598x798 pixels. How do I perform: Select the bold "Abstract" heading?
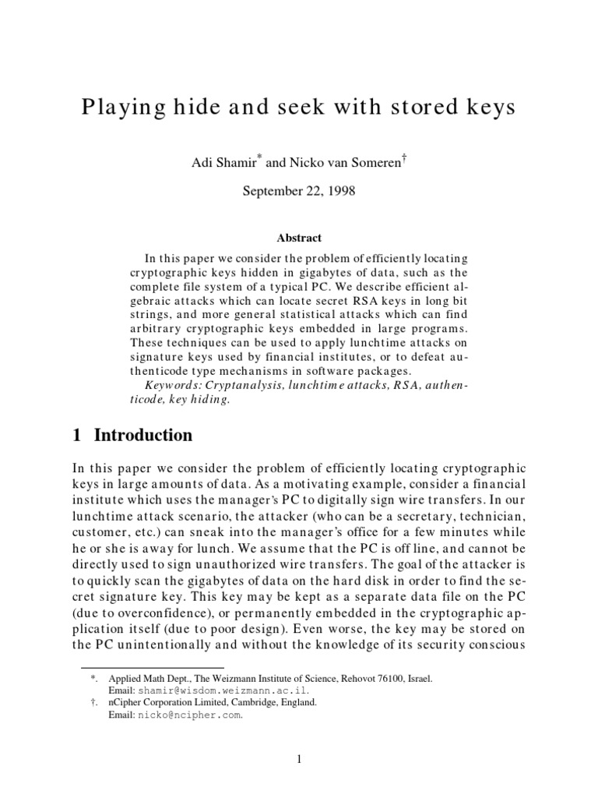pyautogui.click(x=299, y=238)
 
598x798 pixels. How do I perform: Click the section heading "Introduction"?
pyautogui.click(x=143, y=435)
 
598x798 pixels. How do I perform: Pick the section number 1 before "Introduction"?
pyautogui.click(x=76, y=435)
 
